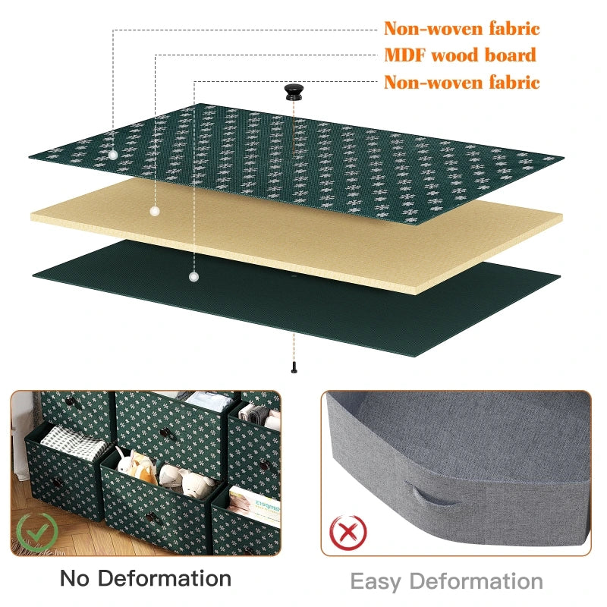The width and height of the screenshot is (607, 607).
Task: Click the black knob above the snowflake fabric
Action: tap(294, 92)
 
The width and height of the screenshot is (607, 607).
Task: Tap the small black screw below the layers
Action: tap(294, 367)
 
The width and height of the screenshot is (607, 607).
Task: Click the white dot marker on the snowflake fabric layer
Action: tap(112, 156)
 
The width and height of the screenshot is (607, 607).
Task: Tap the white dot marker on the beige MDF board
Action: tap(155, 212)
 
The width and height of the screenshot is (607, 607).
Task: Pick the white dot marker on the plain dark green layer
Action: tap(194, 277)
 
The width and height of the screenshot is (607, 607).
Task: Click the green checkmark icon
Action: tap(37, 533)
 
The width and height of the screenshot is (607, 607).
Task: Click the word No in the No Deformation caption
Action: tap(74, 579)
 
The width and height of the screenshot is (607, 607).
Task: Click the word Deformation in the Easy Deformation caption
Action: tap(476, 581)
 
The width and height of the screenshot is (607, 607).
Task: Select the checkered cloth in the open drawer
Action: tap(74, 443)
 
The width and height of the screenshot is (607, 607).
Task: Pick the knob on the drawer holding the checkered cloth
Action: tap(58, 483)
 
